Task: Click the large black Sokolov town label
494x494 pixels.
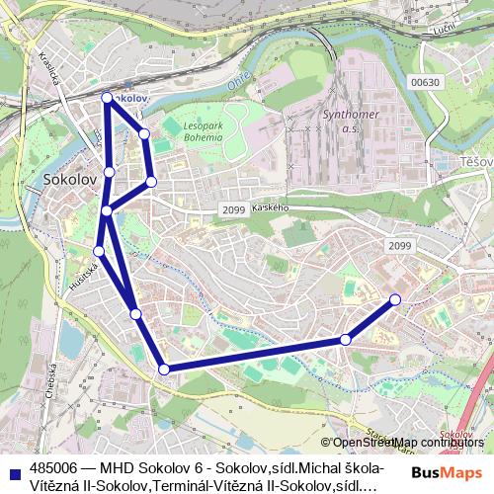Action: click(70, 180)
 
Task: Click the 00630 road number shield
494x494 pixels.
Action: click(424, 83)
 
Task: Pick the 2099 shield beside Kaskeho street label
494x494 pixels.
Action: click(234, 209)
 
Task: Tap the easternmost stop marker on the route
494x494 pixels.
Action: click(395, 299)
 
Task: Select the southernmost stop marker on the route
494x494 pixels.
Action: click(164, 370)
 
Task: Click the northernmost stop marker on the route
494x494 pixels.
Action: click(107, 97)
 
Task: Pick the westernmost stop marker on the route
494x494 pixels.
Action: click(99, 251)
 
